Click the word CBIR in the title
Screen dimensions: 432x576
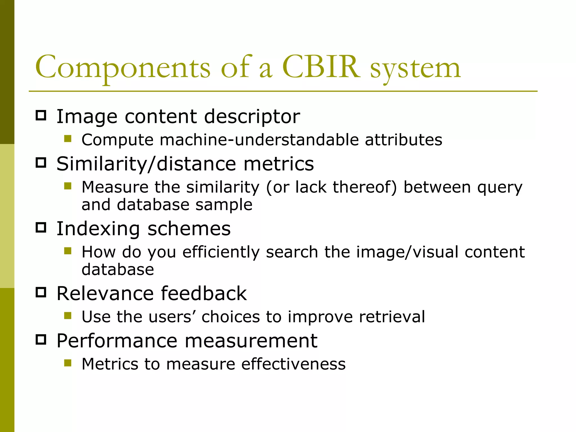click(x=321, y=67)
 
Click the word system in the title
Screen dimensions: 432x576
click(x=415, y=69)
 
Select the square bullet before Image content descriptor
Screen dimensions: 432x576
click(x=41, y=115)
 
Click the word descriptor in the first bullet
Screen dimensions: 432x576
click(x=252, y=117)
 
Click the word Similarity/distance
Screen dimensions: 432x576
click(x=146, y=164)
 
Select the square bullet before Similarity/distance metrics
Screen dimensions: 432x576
click(x=41, y=163)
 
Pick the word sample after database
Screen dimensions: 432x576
click(x=224, y=205)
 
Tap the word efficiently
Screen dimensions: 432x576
click(x=221, y=252)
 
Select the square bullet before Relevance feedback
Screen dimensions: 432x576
click(x=41, y=292)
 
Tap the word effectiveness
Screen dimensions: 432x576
click(x=293, y=364)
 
